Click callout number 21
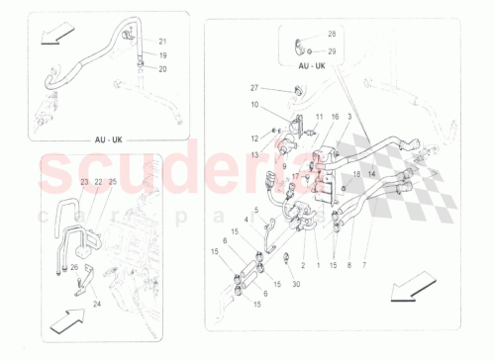(x=163, y=42)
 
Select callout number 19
(x=163, y=56)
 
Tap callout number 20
(x=163, y=69)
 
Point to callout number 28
(x=331, y=34)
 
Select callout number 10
(x=253, y=104)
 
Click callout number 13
(x=253, y=155)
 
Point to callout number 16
(x=335, y=117)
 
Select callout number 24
(x=97, y=305)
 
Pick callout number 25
(x=113, y=182)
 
